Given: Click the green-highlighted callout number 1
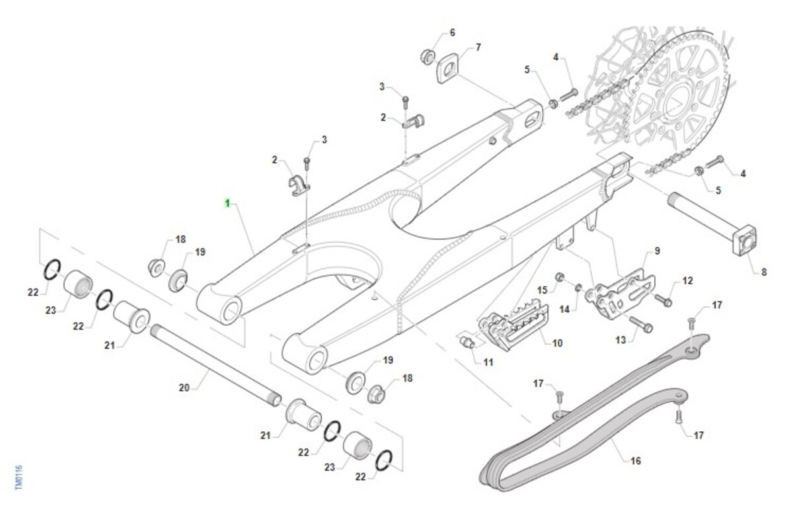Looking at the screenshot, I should click(x=227, y=203).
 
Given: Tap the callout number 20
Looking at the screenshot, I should click(x=184, y=388).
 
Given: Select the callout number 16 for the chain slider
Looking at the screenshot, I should click(x=635, y=460).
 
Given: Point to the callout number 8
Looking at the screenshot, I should click(x=764, y=271).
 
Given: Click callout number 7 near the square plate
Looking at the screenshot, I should click(x=478, y=48).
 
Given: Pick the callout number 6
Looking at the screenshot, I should click(x=453, y=32).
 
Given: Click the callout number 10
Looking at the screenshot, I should click(x=557, y=343).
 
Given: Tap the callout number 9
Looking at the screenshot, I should click(x=657, y=251).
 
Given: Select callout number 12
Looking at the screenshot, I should click(x=688, y=281).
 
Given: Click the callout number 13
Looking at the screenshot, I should click(x=620, y=341).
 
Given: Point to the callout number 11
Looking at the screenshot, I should click(x=488, y=362).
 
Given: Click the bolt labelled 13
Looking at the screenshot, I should click(x=641, y=324).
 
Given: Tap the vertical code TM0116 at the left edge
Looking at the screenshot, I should click(x=19, y=476).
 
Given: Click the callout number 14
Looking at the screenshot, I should click(x=564, y=309).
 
